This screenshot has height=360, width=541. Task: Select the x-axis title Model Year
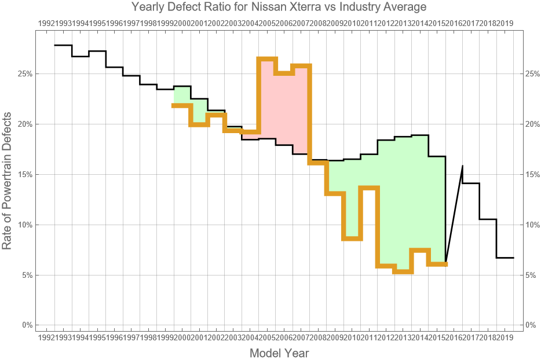point(279,353)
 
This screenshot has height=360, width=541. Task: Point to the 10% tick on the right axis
point(532,225)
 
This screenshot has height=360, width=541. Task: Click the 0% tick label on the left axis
point(27,325)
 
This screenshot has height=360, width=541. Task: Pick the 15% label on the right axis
point(532,175)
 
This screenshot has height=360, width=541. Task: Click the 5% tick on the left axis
point(27,275)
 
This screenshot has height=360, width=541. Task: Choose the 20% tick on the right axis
point(532,124)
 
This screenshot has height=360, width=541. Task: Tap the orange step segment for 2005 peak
point(267,58)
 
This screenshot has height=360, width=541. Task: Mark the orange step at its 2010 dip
point(352,238)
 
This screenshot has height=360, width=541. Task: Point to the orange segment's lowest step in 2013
point(403,271)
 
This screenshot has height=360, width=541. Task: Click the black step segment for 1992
point(63,45)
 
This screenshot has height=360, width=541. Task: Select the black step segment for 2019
point(505,258)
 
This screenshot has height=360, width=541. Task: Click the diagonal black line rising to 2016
point(454,214)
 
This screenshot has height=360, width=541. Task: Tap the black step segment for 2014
point(420,135)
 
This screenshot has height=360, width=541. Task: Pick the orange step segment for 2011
point(369,188)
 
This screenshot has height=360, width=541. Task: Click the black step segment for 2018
point(488,219)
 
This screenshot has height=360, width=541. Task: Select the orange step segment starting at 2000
point(182,105)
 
